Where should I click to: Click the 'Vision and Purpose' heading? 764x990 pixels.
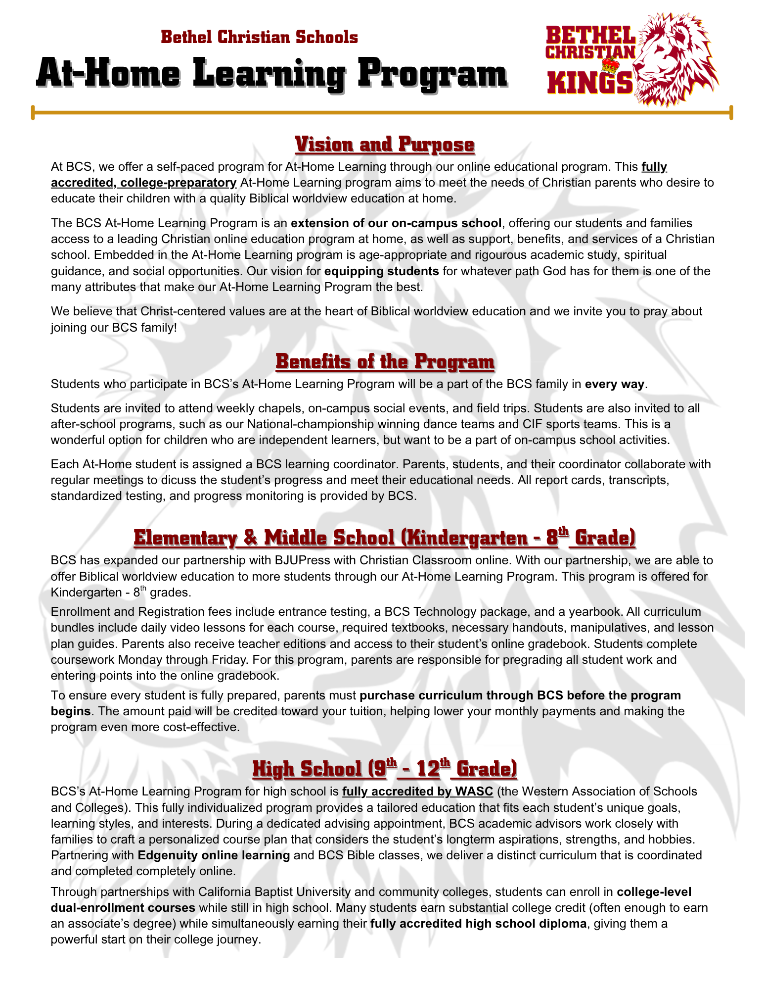(x=384, y=145)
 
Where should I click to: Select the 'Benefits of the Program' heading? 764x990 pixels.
(x=385, y=361)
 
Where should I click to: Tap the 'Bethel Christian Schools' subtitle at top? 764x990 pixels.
(x=259, y=37)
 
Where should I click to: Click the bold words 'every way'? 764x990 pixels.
(x=614, y=384)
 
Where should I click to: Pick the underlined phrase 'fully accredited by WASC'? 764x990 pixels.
(x=417, y=792)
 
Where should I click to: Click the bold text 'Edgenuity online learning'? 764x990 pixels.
(x=214, y=855)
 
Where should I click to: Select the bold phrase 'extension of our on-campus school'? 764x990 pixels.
(x=396, y=223)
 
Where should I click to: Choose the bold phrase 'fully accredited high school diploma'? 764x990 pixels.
(x=478, y=924)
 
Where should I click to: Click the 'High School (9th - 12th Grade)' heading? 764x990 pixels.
(x=385, y=769)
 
